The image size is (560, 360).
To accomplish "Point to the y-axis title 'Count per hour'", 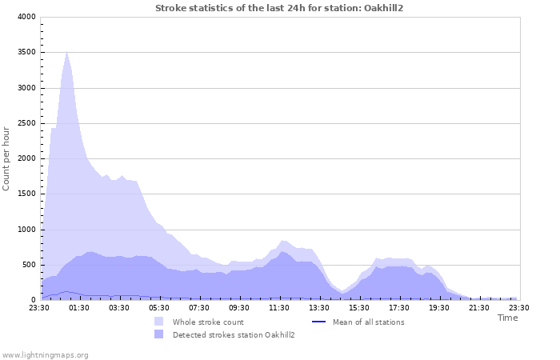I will (7, 158).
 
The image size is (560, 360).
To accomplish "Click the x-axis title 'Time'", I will (507, 318).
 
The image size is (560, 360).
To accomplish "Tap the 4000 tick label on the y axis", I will (26, 17).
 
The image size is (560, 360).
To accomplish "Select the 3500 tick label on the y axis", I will (26, 53).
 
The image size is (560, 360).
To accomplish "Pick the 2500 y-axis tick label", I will (26, 123).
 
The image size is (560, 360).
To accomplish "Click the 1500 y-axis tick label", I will (26, 194).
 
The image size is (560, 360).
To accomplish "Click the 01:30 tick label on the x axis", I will (79, 307).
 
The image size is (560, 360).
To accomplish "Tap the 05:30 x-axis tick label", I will (159, 307).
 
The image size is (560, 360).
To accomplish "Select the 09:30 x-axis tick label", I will (239, 307).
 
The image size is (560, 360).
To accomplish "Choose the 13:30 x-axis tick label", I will (319, 307).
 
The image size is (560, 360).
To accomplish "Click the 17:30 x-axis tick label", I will (399, 307).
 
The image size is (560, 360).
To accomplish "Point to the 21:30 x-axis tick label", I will (479, 307).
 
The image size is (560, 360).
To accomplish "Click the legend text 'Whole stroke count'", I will (208, 322).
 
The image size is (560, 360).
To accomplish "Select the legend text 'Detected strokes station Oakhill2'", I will (234, 335).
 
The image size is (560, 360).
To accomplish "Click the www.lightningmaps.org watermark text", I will (45, 354).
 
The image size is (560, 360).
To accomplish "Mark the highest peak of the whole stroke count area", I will (67, 52).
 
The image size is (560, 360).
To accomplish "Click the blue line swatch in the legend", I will (318, 322).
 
